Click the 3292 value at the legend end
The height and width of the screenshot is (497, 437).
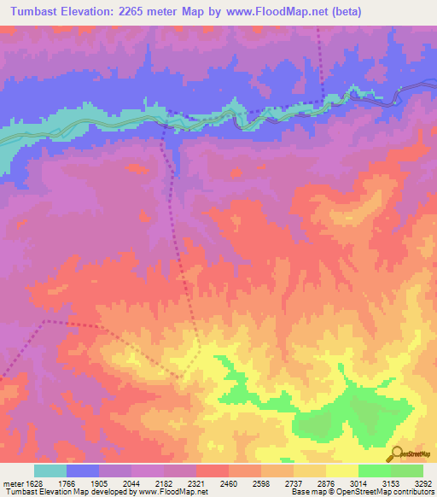click(x=422, y=482)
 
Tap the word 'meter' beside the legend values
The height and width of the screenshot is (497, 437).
click(x=9, y=482)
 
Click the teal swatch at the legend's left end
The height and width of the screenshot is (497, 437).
click(x=50, y=471)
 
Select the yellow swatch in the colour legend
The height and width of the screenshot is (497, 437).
click(x=341, y=471)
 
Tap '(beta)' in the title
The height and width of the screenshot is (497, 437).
click(x=347, y=12)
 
